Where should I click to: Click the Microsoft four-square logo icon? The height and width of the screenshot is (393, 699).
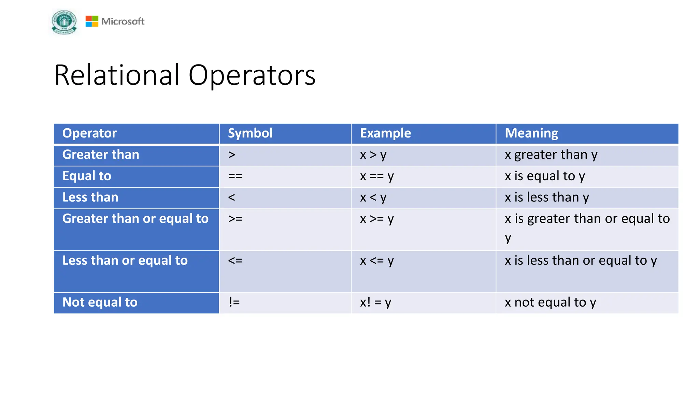[x=92, y=21]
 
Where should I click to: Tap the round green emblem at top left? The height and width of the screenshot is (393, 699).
[x=64, y=22]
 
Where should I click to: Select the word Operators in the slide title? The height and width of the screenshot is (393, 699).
[x=252, y=75]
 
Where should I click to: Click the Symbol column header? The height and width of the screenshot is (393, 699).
[x=250, y=133]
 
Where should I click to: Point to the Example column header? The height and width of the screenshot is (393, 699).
[x=385, y=133]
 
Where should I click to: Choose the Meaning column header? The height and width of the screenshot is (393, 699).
[x=531, y=133]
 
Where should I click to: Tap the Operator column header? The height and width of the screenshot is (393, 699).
[x=89, y=133]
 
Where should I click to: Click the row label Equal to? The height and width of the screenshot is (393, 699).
[x=87, y=176]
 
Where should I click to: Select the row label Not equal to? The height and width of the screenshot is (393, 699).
[x=100, y=302]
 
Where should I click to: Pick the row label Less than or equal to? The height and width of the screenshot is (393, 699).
[x=125, y=261]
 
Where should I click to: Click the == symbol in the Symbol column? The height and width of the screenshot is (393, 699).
[x=235, y=176]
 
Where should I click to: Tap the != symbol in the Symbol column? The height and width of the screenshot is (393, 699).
[x=234, y=302]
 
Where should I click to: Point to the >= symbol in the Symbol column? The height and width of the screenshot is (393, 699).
[x=235, y=219]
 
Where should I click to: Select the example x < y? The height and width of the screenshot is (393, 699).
[x=373, y=198]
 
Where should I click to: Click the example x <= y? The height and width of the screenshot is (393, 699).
[x=377, y=261]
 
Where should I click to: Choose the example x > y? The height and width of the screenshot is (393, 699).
[x=373, y=155]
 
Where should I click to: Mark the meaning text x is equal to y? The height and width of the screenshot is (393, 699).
[x=545, y=176]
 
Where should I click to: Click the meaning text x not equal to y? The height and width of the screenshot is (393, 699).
[x=550, y=302]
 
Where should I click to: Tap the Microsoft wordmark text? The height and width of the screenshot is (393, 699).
[x=123, y=21]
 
